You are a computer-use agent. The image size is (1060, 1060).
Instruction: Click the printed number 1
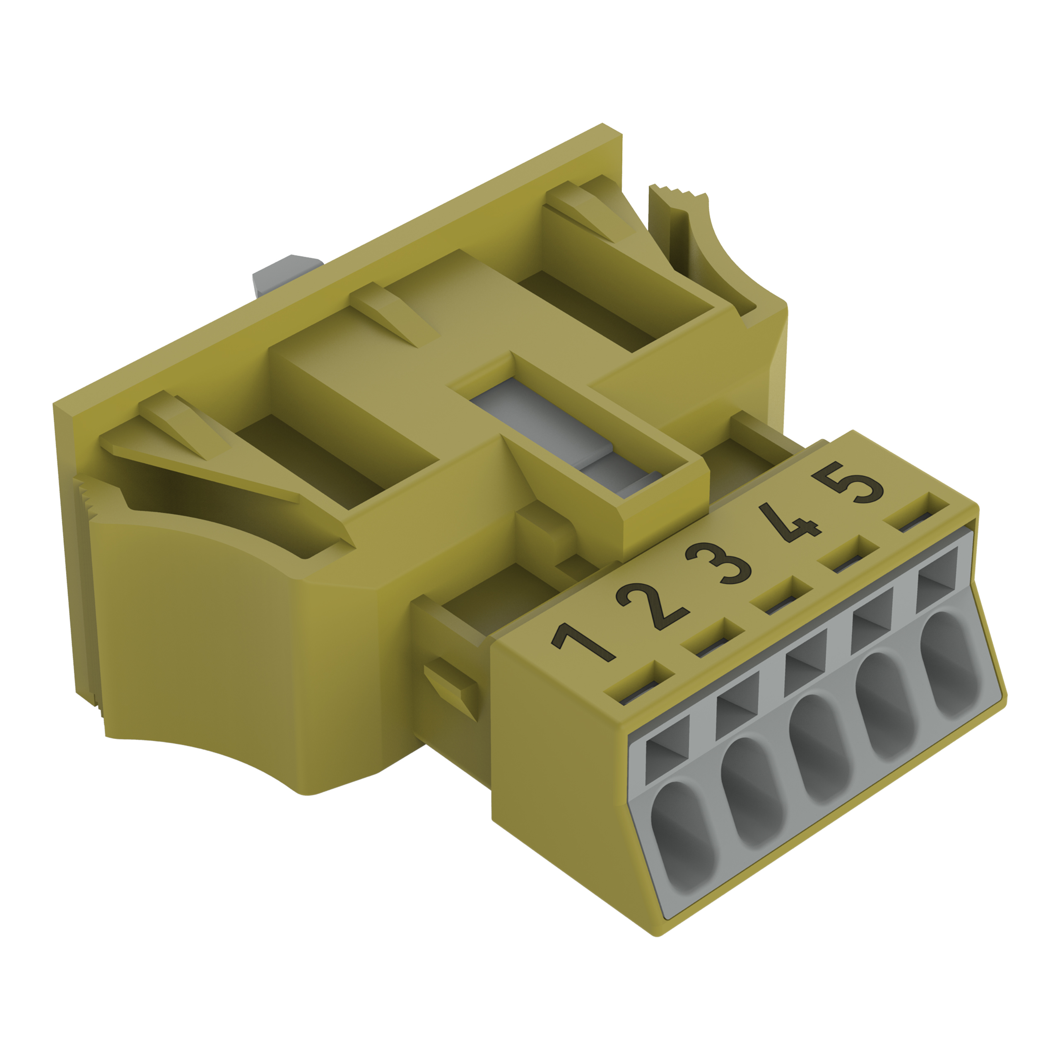tap(583, 643)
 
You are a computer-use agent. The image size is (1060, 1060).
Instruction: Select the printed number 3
tap(719, 564)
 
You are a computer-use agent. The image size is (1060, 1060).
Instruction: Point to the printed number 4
tap(790, 523)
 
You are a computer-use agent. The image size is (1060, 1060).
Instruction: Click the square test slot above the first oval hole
tap(667, 748)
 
